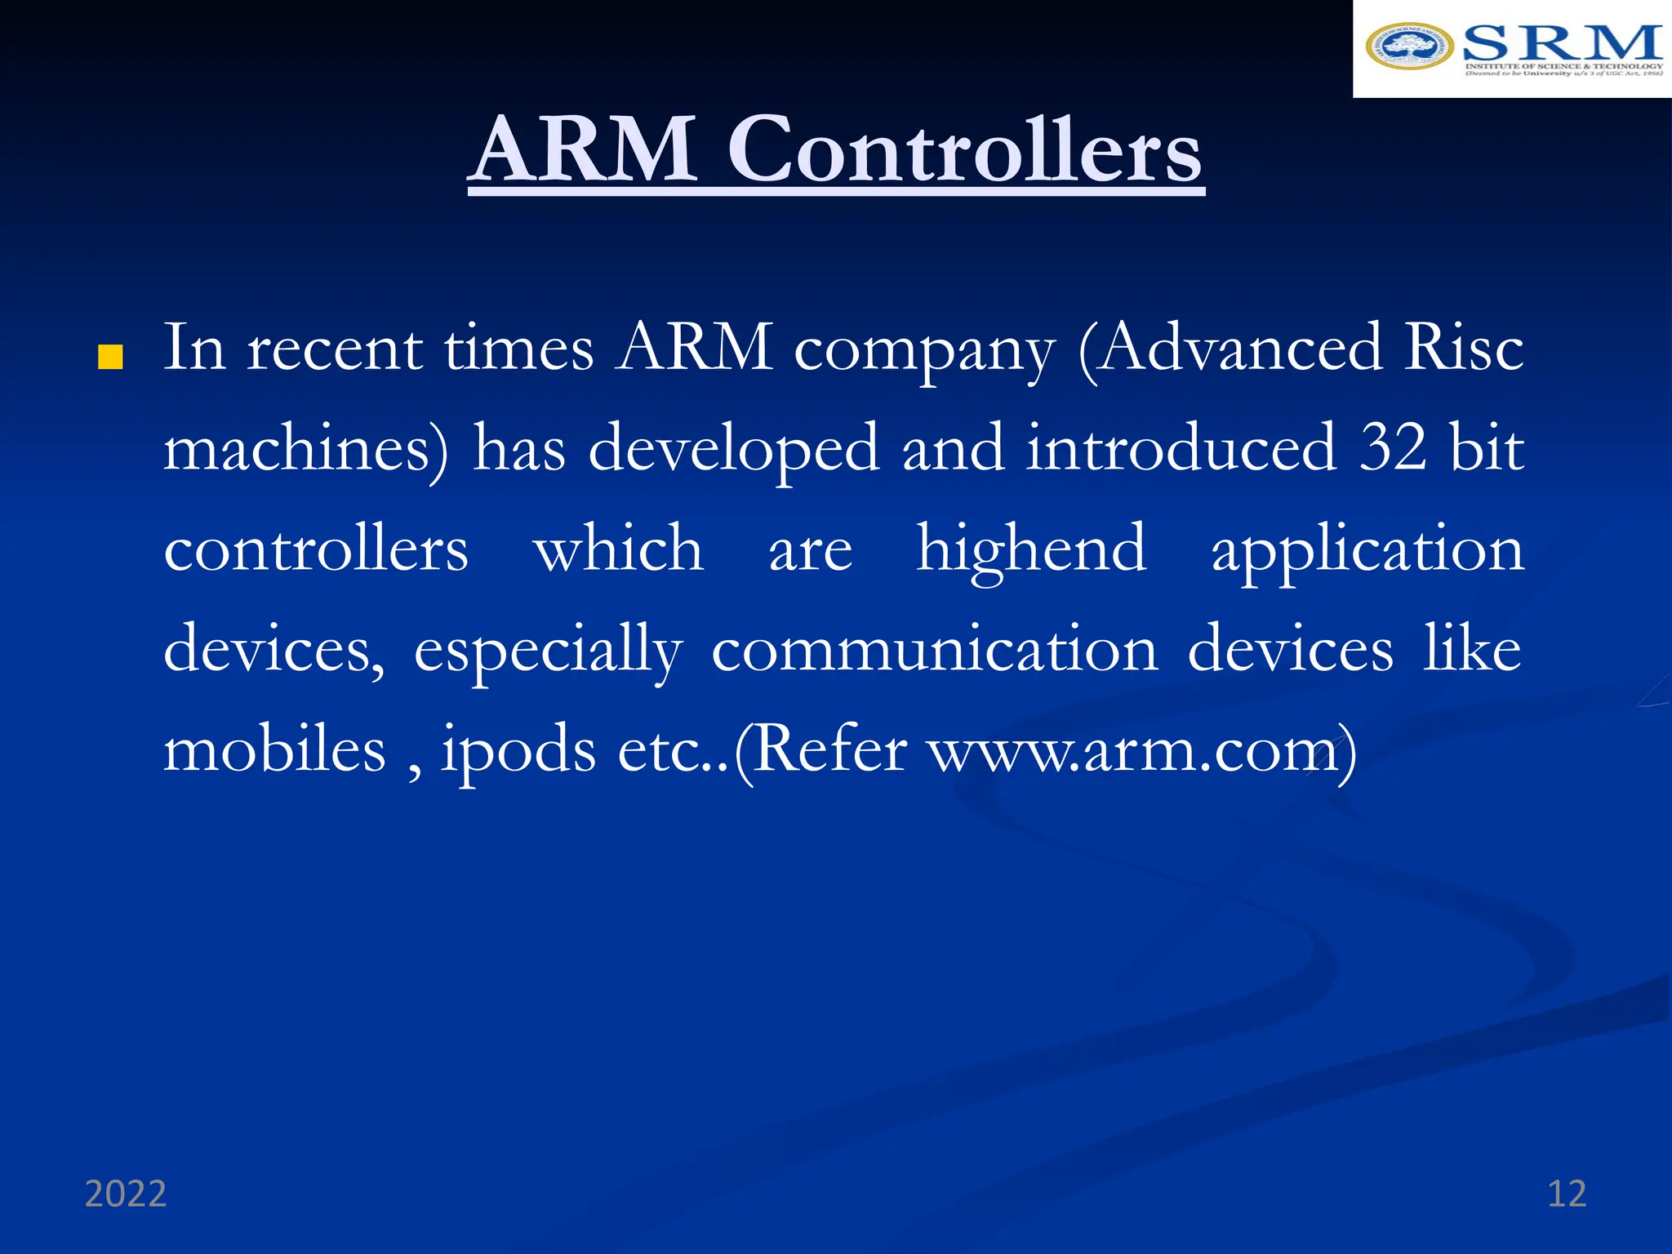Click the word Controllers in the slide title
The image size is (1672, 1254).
[965, 151]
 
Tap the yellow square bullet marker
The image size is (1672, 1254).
[110, 358]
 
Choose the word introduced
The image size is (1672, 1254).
[1181, 448]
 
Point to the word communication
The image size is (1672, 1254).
[935, 650]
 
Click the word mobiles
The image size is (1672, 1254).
[275, 749]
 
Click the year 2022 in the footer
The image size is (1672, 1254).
[126, 1194]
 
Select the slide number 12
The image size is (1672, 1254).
[1567, 1194]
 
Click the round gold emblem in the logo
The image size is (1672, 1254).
[1409, 47]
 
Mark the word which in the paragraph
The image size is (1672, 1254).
[618, 549]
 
